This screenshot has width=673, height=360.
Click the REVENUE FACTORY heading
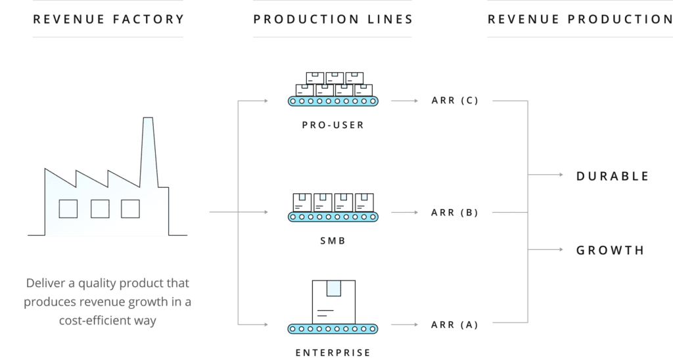tap(108, 19)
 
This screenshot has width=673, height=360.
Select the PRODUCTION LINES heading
tap(333, 19)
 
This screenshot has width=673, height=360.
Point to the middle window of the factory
tap(100, 209)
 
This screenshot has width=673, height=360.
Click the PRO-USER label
tap(332, 125)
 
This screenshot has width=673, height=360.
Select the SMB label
tap(332, 241)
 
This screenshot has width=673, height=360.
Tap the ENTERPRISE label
tap(332, 353)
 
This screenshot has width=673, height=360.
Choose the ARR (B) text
tap(454, 213)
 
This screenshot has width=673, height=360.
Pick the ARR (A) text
tap(454, 325)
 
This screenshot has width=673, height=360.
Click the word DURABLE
tap(613, 176)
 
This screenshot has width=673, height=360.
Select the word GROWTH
tap(610, 250)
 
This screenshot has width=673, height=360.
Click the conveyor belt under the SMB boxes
tap(332, 215)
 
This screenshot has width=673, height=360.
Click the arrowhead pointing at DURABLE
tap(560, 175)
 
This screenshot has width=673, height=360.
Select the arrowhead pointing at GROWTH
tap(560, 250)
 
